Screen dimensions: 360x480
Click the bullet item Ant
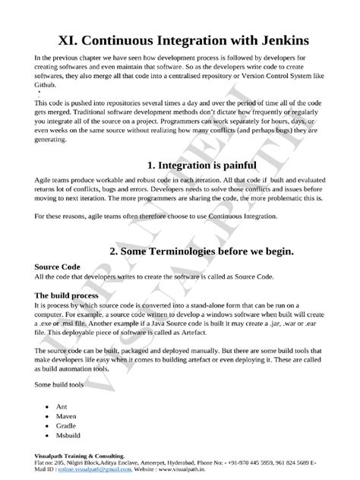62,407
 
